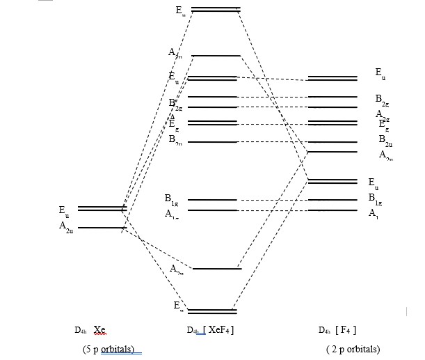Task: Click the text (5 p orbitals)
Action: (x=111, y=348)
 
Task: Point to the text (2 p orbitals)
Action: (x=353, y=348)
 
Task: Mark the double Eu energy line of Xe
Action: (x=101, y=208)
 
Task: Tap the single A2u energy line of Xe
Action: (x=101, y=228)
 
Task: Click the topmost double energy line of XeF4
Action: (x=216, y=10)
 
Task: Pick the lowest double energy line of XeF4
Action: (x=212, y=311)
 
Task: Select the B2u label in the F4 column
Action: (x=385, y=140)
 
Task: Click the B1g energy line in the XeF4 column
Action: (x=212, y=200)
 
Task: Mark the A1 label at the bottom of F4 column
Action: (x=374, y=212)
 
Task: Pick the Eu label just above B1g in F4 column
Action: (x=374, y=182)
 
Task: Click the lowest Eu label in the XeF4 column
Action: (x=179, y=306)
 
